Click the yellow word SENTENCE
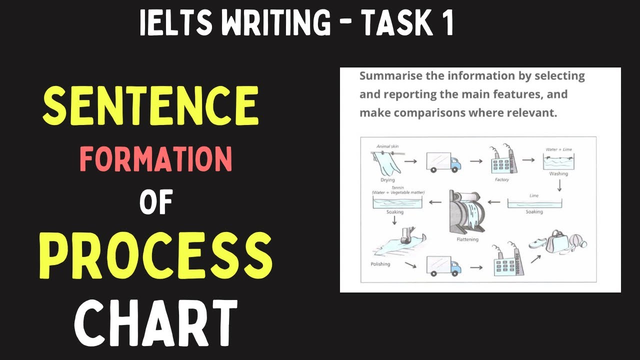pyautogui.click(x=150, y=106)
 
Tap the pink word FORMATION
pyautogui.click(x=156, y=160)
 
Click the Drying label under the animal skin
pyautogui.click(x=387, y=180)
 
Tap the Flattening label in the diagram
pyautogui.click(x=467, y=239)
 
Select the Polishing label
pyautogui.click(x=380, y=264)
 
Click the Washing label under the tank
pyautogui.click(x=558, y=174)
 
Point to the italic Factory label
pyautogui.click(x=501, y=179)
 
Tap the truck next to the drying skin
pyautogui.click(x=443, y=161)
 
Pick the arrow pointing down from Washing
pyautogui.click(x=559, y=186)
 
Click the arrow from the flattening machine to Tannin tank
pyautogui.click(x=435, y=202)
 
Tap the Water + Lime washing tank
pyautogui.click(x=558, y=161)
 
